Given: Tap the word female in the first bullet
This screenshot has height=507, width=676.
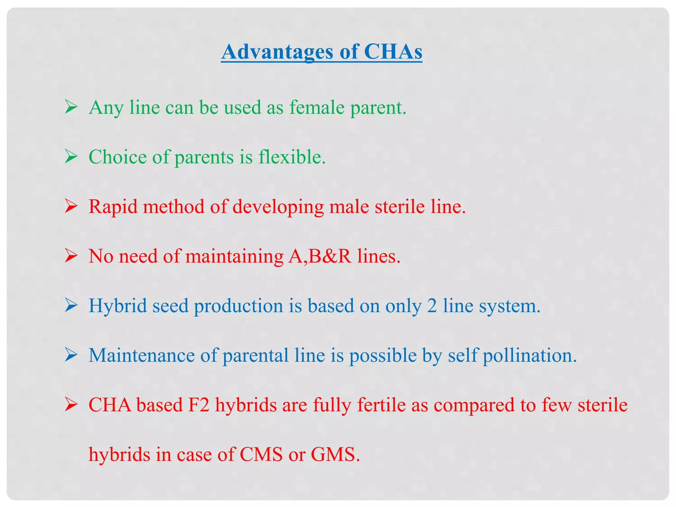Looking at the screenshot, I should pos(317,107).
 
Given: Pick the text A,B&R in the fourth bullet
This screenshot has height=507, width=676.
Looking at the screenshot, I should pos(320,256).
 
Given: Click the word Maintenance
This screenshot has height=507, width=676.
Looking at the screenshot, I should pos(142,355).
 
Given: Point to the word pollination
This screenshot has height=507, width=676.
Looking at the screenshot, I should pos(529,356).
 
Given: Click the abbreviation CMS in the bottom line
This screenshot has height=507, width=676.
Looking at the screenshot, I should pos(261,455).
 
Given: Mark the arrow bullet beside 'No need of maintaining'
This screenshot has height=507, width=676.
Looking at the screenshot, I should pos(71,256).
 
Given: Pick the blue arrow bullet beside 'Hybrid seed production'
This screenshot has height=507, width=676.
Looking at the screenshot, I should pos(71,306).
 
